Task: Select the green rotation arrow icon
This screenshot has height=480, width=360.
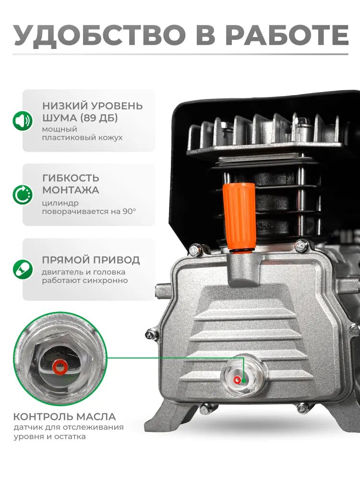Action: pyautogui.click(x=22, y=195)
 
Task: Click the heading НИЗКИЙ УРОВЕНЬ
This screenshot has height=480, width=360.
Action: pyautogui.click(x=92, y=106)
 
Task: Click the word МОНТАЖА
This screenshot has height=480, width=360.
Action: pyautogui.click(x=70, y=190)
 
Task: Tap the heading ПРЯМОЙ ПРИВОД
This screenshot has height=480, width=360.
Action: pyautogui.click(x=91, y=260)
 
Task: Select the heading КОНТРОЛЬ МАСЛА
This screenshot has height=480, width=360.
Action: pyautogui.click(x=64, y=417)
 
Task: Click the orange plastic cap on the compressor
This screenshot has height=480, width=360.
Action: pyautogui.click(x=239, y=214)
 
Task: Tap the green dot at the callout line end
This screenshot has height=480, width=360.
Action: pyautogui.click(x=244, y=381)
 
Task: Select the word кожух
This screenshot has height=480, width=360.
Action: pyautogui.click(x=111, y=138)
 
